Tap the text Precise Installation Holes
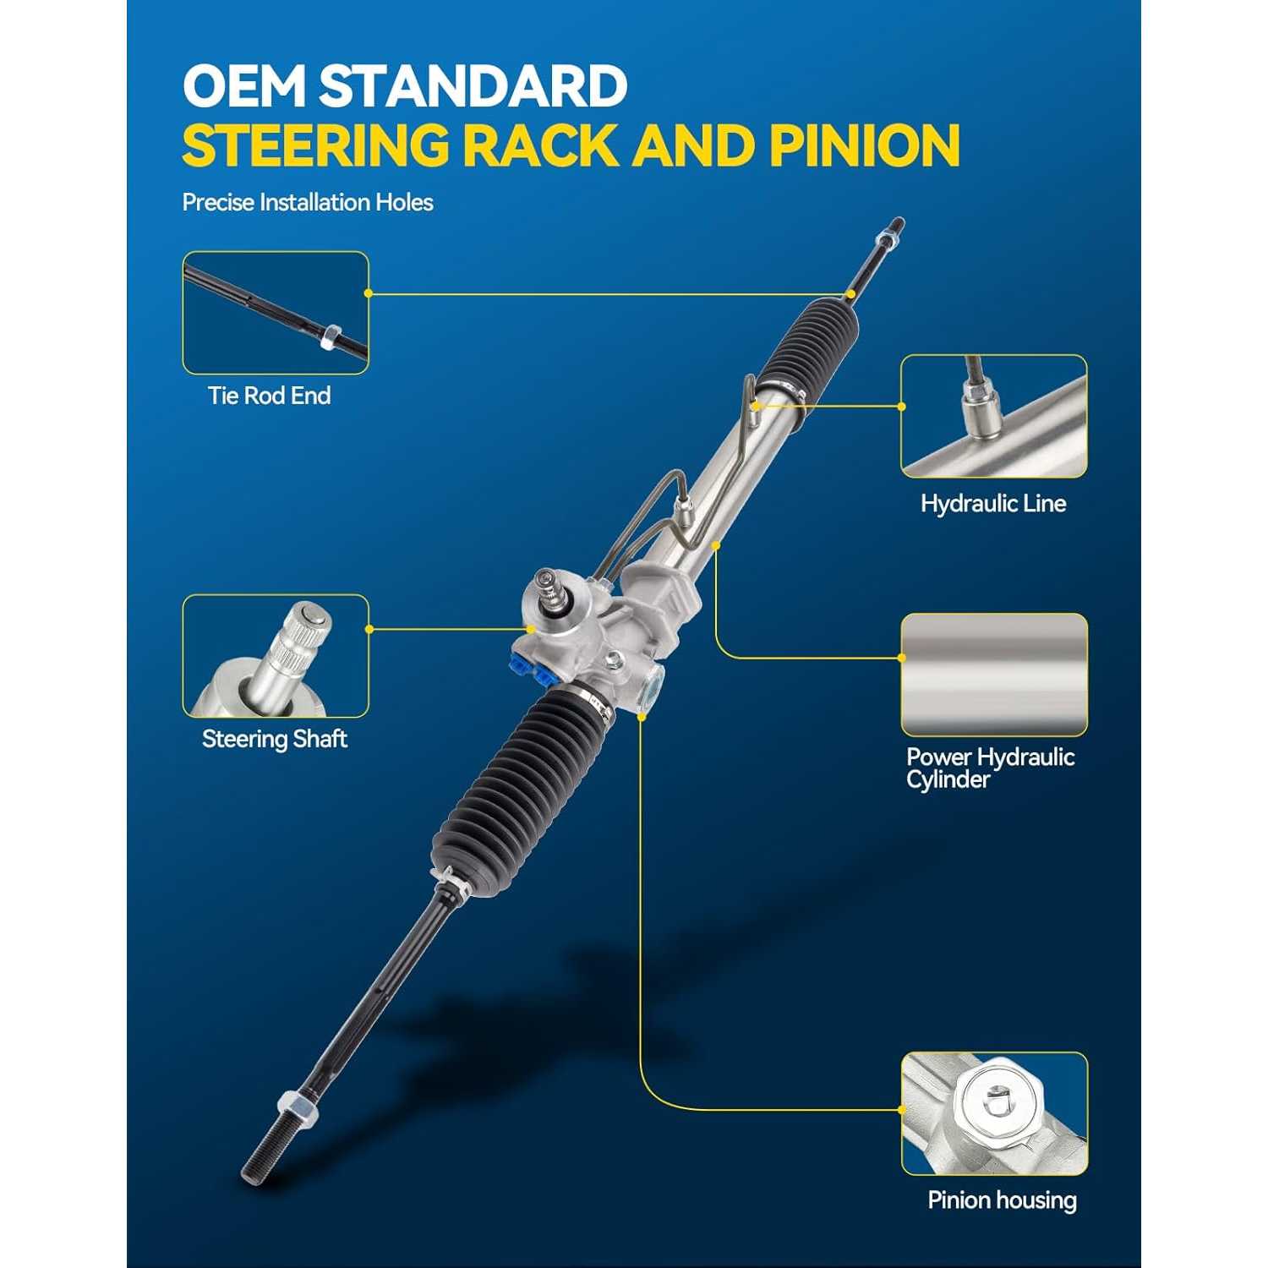point(308,202)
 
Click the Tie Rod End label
point(270,396)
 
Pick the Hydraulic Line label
point(993,504)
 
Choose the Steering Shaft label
point(275,739)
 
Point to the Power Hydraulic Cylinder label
point(990,768)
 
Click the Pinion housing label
point(1002,1200)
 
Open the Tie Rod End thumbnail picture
point(276,313)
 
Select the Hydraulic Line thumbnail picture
point(993,417)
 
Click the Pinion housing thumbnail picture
point(994,1114)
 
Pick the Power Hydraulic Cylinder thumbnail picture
point(994,675)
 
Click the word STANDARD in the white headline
point(473,86)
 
